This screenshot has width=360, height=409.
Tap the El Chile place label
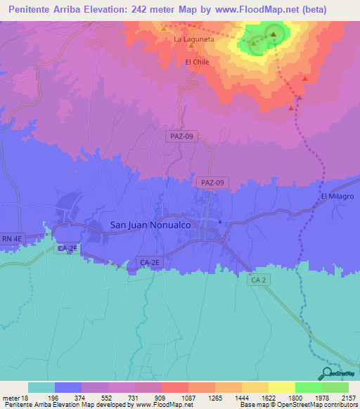click(x=198, y=62)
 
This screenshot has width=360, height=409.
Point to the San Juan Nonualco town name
click(x=151, y=225)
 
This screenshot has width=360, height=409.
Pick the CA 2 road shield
click(x=258, y=280)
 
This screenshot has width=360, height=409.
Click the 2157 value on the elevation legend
click(x=347, y=396)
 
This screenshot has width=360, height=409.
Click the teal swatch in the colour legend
click(x=41, y=387)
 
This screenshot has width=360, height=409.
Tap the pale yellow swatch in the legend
click(x=282, y=387)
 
